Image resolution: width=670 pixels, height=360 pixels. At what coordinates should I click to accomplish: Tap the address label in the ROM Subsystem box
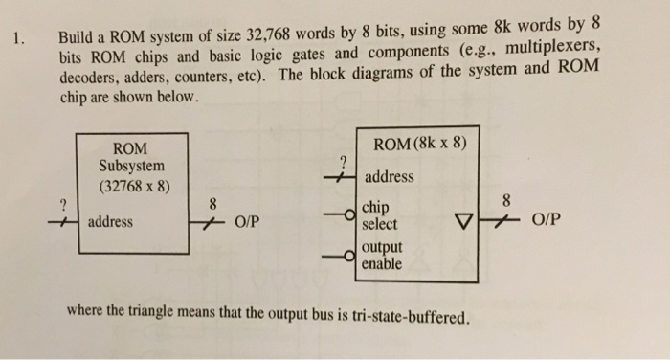pyautogui.click(x=112, y=222)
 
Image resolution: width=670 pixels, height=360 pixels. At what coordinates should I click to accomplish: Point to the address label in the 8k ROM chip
pyautogui.click(x=389, y=177)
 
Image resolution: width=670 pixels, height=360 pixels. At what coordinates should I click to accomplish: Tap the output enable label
pyautogui.click(x=383, y=256)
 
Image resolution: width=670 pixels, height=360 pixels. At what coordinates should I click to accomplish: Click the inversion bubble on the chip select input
pyautogui.click(x=354, y=214)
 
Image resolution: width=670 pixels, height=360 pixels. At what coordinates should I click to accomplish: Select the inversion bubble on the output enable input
pyautogui.click(x=354, y=256)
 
